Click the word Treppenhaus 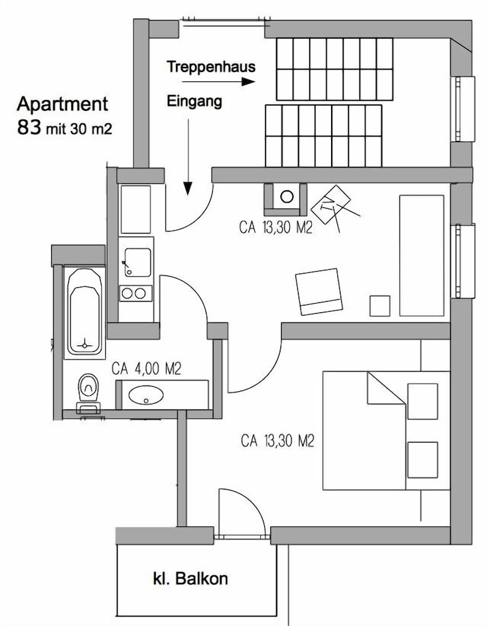coord(211,67)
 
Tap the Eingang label coord(195,101)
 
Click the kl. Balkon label coord(190,578)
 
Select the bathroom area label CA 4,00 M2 coord(146,369)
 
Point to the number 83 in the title coord(29,127)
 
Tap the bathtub coord(85,311)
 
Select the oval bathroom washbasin coord(146,395)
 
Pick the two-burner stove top coord(136,294)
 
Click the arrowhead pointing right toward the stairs coord(249,82)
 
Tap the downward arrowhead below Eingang coord(188,188)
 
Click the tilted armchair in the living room coord(319,292)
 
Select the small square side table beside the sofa coord(379,306)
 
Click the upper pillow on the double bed coord(423,401)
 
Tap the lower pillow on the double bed coord(423,460)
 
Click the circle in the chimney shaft coord(287,196)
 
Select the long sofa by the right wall coord(422,255)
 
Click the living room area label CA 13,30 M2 coord(276,228)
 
